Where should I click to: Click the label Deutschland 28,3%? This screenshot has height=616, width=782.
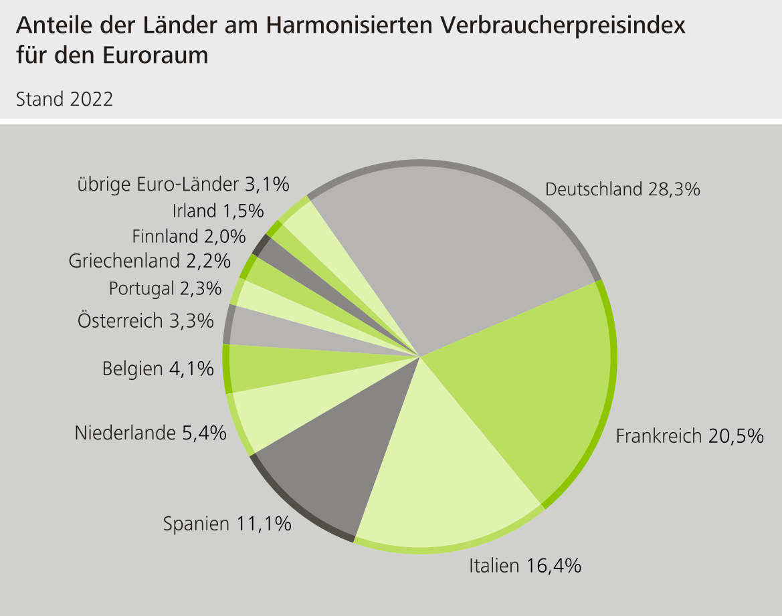coord(622,189)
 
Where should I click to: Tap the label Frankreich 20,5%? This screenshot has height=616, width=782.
coord(689,436)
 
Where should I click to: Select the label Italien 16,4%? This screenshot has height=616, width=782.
coord(525,566)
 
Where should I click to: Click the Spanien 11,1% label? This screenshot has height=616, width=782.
coord(227,524)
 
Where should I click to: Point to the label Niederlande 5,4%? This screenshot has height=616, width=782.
coord(151,433)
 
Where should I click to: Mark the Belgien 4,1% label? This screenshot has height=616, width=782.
coord(158,369)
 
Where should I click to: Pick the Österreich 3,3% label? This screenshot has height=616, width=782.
coord(146,320)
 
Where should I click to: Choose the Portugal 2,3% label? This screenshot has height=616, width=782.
coord(165,289)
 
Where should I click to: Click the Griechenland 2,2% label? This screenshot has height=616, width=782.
coord(150,261)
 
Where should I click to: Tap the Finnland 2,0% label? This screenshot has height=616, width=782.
coord(189,236)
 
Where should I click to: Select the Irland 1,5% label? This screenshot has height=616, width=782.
coord(218,211)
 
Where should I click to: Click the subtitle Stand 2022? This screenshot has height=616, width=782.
coord(64,100)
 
